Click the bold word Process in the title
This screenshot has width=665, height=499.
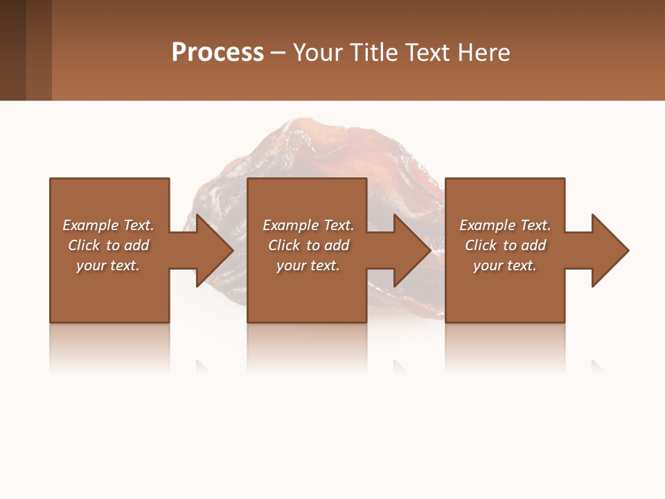tap(218, 52)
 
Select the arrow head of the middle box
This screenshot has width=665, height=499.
tap(411, 250)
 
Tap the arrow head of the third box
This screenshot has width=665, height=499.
tap(610, 250)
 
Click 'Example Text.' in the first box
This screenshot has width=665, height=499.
tap(108, 225)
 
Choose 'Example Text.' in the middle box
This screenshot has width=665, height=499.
tap(308, 225)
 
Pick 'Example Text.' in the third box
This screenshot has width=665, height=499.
tap(505, 225)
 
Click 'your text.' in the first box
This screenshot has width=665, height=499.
tap(108, 265)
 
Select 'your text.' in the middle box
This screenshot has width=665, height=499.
tap(308, 265)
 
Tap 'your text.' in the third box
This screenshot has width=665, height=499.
tap(505, 265)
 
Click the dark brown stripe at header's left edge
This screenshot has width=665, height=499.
tap(12, 50)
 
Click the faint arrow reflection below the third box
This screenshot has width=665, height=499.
tap(597, 365)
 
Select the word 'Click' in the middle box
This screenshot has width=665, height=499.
tap(284, 245)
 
